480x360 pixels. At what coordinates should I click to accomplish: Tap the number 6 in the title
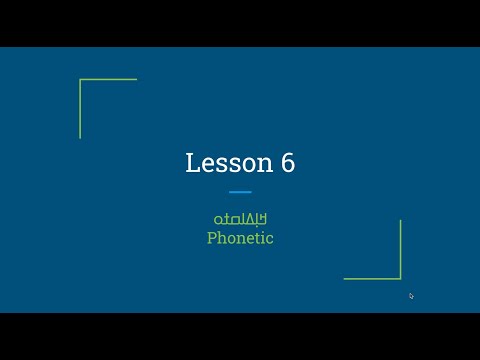287,164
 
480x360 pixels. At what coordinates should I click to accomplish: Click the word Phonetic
240,238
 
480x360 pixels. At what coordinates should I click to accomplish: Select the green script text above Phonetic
240,219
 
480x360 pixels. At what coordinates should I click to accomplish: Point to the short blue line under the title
240,191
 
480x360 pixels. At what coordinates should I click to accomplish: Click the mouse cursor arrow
411,295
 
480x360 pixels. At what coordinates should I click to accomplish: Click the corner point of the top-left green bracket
80,80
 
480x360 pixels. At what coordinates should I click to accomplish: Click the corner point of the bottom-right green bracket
400,278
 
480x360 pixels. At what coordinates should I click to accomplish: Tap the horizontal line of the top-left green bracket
108,80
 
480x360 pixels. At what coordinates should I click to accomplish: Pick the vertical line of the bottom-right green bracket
400,249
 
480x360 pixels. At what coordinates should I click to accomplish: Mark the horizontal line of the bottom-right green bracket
372,278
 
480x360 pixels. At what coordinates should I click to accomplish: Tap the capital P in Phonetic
212,238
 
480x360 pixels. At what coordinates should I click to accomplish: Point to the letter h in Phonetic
222,238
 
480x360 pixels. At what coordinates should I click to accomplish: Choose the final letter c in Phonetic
269,239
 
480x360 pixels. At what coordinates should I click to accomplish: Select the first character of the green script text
217,219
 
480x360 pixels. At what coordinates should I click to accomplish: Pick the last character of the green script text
262,219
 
